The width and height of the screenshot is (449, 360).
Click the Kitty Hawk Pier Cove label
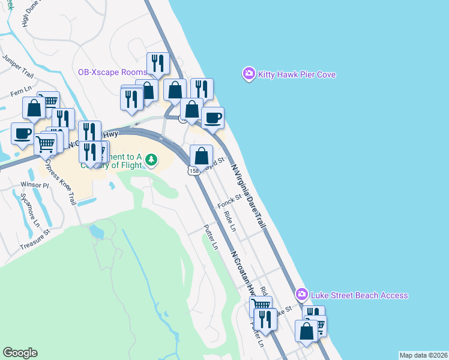point(297,75)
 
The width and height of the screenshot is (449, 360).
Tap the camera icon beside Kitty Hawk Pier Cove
point(249,74)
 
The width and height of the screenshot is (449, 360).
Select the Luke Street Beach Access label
point(359,295)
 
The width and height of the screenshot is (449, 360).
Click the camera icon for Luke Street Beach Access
point(302,295)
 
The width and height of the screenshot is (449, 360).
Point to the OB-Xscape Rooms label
point(113,72)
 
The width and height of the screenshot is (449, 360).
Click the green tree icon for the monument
point(152,160)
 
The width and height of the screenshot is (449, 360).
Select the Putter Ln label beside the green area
point(210,237)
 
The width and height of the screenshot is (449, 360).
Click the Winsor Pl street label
point(34,185)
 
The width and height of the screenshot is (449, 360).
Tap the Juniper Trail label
point(18,67)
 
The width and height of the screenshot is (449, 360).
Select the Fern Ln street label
point(21,94)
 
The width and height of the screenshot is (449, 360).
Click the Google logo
point(20,353)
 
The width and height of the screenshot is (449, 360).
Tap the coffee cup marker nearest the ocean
point(212,118)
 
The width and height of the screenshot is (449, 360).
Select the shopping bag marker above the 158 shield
point(202,156)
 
